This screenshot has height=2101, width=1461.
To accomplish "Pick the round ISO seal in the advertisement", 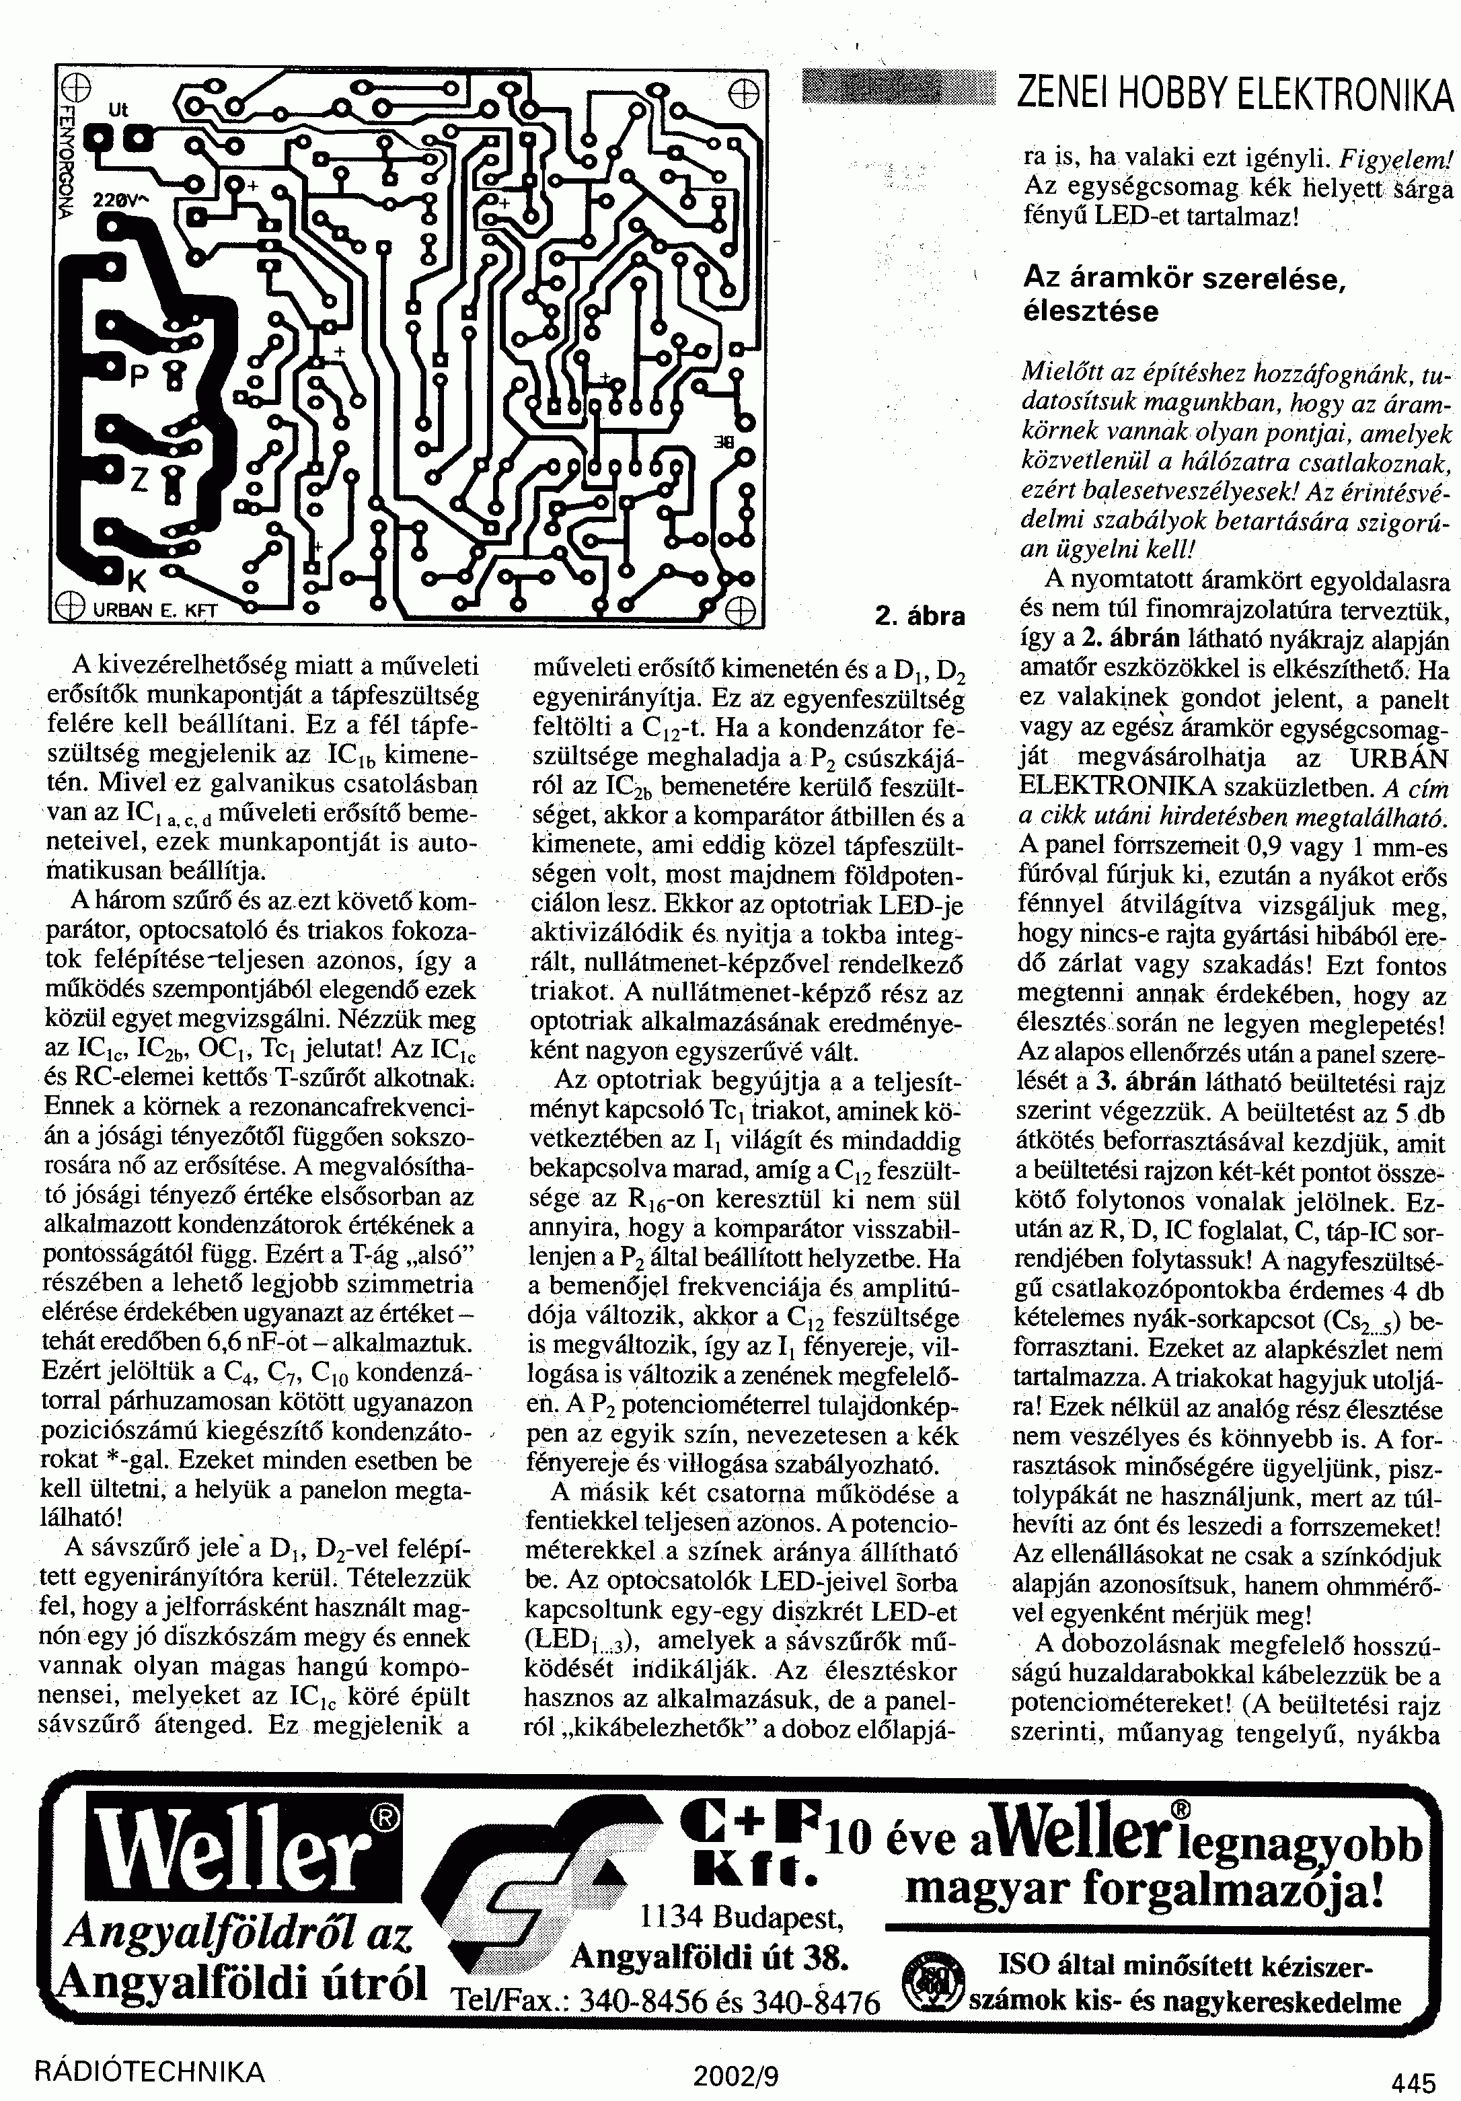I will pos(932,1983).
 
